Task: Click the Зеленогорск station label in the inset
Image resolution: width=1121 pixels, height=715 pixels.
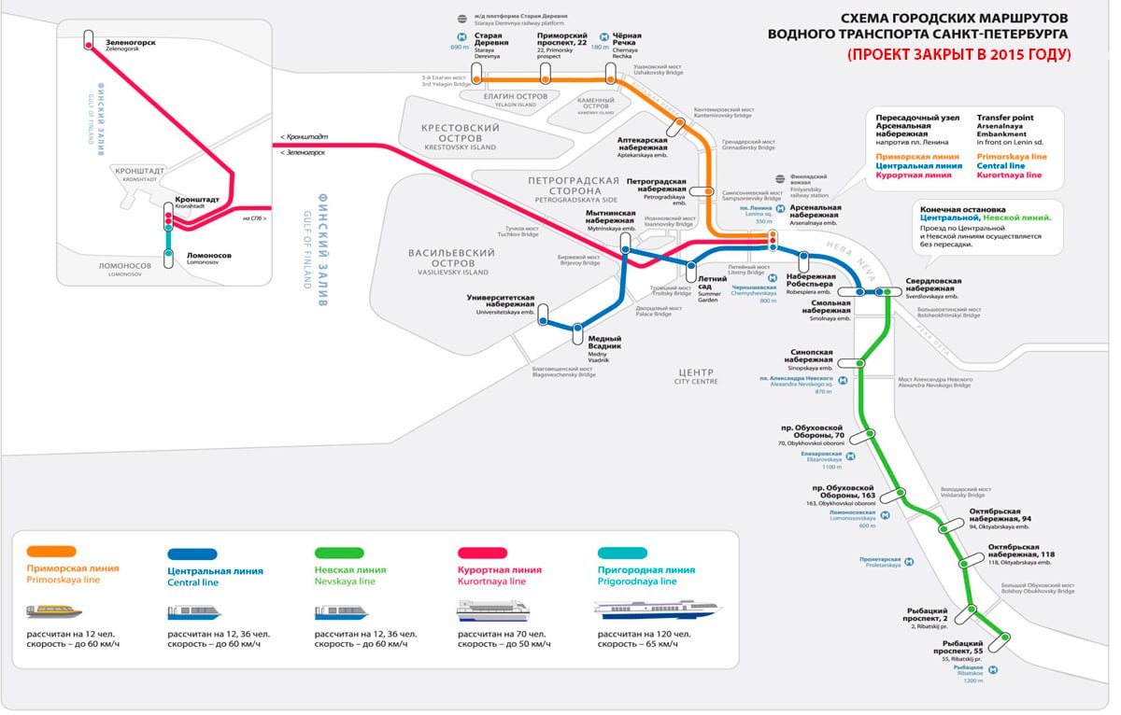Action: point(132,43)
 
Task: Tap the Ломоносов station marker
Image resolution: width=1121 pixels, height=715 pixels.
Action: point(169,257)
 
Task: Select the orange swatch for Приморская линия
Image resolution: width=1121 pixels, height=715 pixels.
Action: point(51,551)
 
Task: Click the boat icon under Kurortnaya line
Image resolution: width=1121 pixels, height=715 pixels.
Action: point(492,612)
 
